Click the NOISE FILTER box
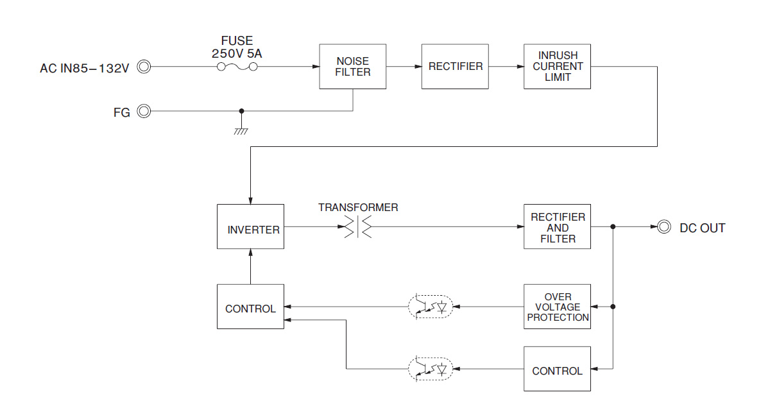pos(353,67)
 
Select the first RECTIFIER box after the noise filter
pos(455,67)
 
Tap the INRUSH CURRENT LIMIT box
pos(557,67)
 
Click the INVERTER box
pos(250,227)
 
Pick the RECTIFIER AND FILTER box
pos(557,227)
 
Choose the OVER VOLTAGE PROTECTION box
pos(557,307)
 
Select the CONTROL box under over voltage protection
pos(557,369)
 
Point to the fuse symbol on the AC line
pos(237,67)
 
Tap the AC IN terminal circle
pos(144,67)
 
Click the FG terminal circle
pos(144,112)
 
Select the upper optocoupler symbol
pos(431,307)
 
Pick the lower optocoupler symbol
pos(431,369)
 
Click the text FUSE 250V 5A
pos(237,47)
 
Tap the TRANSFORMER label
pos(358,208)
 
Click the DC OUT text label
pos(702,228)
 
